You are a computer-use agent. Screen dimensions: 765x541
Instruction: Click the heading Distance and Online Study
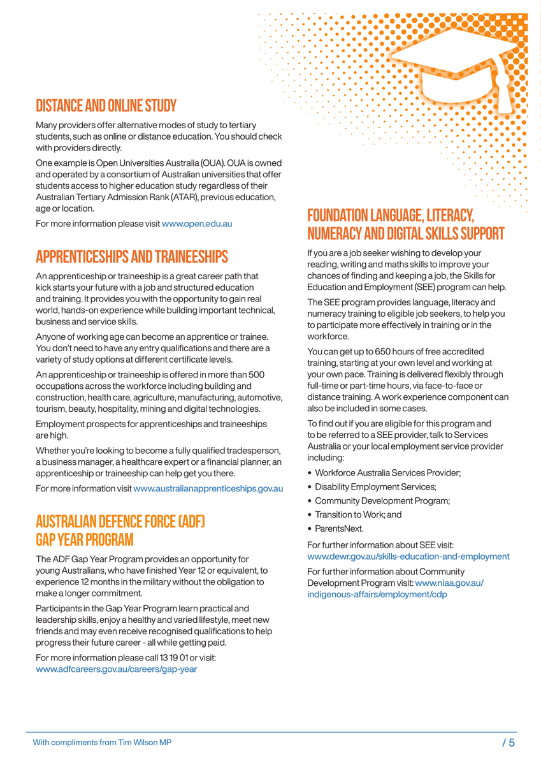click(106, 105)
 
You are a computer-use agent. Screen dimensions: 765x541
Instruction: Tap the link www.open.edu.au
click(196, 224)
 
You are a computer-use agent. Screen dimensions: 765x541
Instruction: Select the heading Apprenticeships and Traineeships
click(132, 257)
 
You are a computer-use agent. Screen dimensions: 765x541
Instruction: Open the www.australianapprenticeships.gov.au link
click(208, 488)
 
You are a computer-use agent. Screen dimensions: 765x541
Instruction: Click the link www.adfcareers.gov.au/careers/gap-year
click(117, 669)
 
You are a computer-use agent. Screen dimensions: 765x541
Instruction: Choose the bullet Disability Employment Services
click(375, 486)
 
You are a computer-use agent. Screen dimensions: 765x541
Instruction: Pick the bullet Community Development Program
click(382, 500)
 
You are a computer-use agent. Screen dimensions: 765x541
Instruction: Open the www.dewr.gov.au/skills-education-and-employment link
click(408, 557)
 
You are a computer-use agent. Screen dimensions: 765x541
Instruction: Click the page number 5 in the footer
click(512, 742)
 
